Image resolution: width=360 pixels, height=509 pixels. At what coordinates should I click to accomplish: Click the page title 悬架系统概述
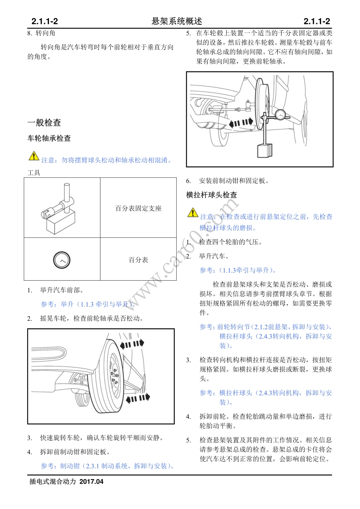[177, 21]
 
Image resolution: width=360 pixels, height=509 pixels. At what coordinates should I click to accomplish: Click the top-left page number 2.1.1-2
[45, 22]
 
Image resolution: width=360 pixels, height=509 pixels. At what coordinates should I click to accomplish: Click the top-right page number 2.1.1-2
[316, 22]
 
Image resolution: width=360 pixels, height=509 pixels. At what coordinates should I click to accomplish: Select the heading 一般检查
[44, 123]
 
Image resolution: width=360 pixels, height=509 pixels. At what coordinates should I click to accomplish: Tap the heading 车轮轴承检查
[49, 139]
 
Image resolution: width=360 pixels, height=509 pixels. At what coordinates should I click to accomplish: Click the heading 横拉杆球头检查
[211, 195]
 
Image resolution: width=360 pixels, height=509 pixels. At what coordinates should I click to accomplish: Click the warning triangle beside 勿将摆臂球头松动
[34, 156]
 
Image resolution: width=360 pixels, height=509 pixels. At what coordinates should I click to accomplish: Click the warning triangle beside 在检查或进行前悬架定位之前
[193, 213]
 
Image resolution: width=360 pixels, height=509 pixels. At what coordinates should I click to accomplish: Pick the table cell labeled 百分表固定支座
[138, 208]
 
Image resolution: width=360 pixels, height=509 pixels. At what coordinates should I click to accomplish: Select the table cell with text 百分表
[138, 260]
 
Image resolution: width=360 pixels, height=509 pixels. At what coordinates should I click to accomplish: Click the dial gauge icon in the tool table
[62, 260]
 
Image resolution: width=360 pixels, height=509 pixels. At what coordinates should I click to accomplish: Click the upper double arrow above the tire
[132, 344]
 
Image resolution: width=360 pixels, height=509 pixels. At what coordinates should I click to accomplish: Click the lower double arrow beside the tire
[138, 398]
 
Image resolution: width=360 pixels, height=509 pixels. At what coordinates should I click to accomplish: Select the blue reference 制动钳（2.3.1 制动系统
[108, 466]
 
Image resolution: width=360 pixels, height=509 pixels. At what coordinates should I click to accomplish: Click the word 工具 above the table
[34, 173]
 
